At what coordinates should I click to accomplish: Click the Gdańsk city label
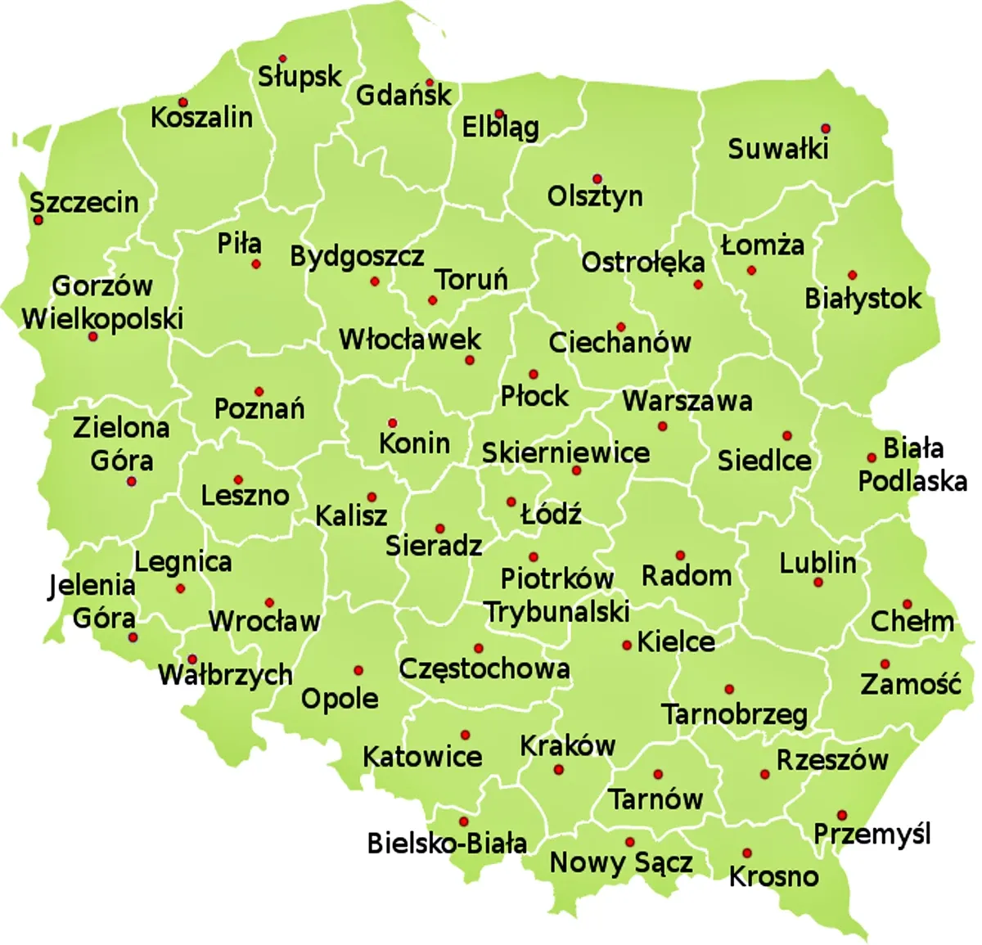403,96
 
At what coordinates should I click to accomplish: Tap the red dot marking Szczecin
38,220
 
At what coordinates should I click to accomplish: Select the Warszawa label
687,401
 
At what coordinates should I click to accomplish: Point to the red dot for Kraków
559,770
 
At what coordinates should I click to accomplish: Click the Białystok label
863,299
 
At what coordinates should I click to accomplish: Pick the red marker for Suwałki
826,128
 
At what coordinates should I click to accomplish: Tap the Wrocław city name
264,622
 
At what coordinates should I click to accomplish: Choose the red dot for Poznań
259,392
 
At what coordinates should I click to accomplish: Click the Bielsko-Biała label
447,843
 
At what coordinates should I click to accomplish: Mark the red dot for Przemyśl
841,815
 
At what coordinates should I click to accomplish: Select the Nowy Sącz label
621,862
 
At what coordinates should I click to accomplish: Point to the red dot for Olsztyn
597,179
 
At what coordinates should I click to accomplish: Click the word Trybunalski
557,612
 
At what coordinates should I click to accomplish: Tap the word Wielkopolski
102,318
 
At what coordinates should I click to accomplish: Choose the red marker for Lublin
818,583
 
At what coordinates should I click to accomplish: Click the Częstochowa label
484,668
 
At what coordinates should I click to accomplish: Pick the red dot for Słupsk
282,59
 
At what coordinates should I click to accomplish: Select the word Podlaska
912,481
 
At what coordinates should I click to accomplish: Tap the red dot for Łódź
511,502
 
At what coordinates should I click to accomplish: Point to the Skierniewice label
565,452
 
